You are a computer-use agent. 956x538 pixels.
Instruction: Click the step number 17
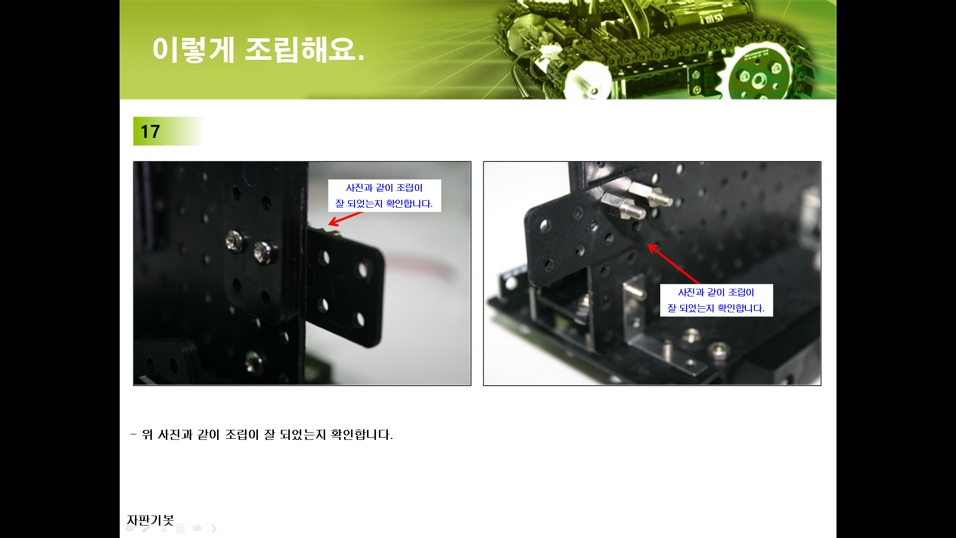[x=150, y=132]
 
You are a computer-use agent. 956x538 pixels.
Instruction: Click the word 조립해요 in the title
[x=304, y=49]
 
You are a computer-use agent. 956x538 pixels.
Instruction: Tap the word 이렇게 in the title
[x=193, y=49]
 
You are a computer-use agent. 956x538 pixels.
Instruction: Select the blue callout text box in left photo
[x=384, y=196]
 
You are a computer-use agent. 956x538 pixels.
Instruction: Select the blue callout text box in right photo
[x=717, y=300]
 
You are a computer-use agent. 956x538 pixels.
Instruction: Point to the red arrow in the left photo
[x=346, y=218]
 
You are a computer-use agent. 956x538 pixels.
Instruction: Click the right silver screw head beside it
[x=263, y=252]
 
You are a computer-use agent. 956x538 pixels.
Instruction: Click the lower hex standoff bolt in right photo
[x=623, y=206]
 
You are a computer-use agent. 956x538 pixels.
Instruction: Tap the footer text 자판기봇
[x=150, y=520]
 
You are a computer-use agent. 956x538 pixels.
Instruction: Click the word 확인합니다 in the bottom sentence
[x=361, y=434]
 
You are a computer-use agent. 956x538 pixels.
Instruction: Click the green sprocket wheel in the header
[x=757, y=75]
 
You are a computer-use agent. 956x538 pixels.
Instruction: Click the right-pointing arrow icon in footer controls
[x=197, y=528]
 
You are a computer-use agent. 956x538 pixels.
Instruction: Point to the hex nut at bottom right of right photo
[x=718, y=351]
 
